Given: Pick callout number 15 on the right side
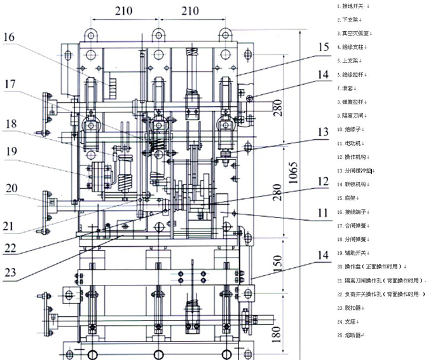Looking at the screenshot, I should (x=324, y=48).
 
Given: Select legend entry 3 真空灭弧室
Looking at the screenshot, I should (x=355, y=33).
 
